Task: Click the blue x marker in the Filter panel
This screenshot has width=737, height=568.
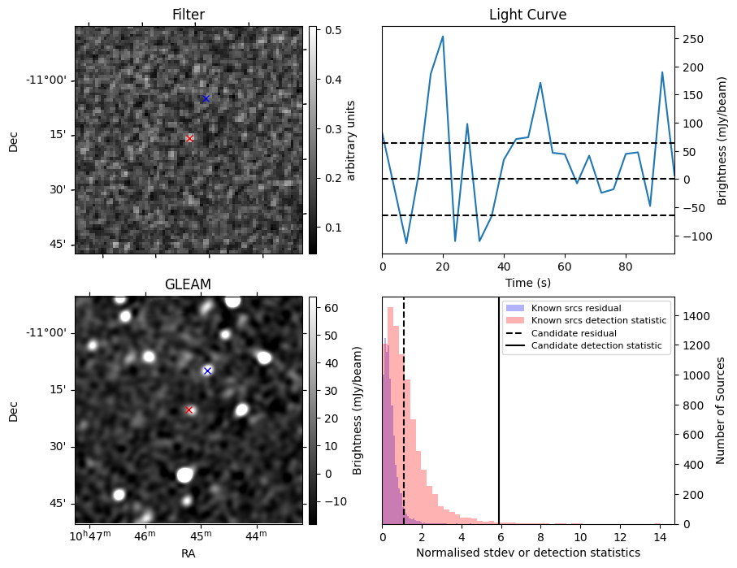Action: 206,98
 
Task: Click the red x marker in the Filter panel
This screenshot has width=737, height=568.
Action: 189,138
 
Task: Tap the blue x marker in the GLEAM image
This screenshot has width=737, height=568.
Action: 207,371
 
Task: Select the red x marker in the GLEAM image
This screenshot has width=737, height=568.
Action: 189,410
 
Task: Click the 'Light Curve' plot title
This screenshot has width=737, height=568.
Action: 527,15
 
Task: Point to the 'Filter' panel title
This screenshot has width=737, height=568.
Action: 189,15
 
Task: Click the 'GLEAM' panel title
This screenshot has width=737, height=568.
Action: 189,284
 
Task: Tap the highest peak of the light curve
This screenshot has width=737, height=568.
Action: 443,36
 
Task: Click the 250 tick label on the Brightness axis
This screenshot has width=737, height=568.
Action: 692,38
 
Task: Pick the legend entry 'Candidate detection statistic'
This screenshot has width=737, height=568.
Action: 596,346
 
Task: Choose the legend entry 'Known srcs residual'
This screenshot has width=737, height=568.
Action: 575,308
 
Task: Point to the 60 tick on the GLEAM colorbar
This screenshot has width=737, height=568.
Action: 331,308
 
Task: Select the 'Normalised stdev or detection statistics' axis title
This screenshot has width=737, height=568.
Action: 527,553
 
